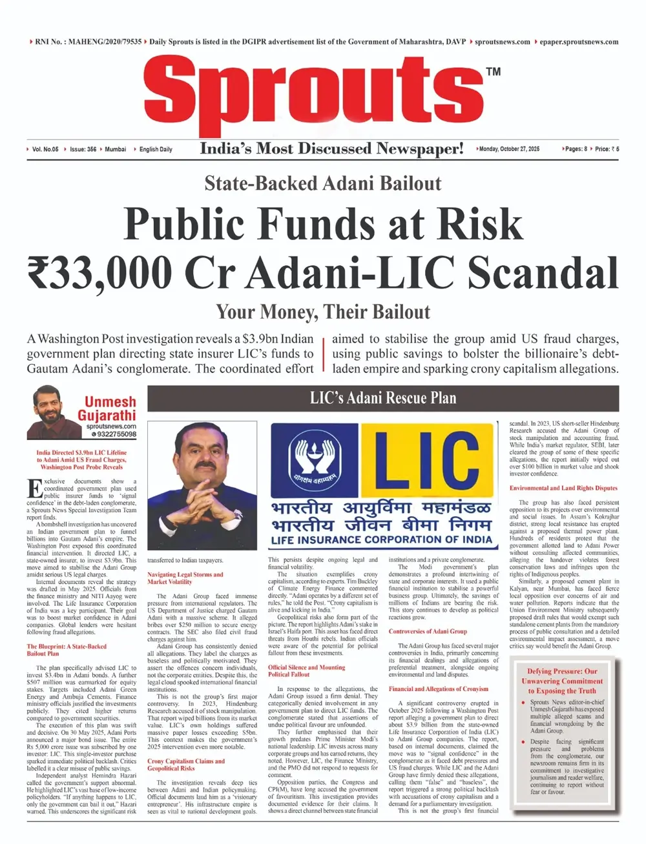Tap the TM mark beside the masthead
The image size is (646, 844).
point(493,72)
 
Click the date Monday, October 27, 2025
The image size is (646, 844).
point(509,149)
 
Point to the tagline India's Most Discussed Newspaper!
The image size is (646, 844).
point(331,148)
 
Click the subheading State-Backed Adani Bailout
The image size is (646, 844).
point(322,183)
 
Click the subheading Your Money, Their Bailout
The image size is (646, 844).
point(322,312)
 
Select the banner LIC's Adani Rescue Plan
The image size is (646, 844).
point(383,397)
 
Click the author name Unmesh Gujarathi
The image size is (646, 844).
point(109,408)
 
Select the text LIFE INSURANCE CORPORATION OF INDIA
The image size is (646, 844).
point(381,539)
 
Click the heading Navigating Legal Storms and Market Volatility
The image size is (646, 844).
point(185,578)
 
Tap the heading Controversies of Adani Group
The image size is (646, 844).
point(428,631)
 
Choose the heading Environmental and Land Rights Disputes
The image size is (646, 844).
point(563,488)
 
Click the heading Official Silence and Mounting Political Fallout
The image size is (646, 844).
point(307,670)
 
